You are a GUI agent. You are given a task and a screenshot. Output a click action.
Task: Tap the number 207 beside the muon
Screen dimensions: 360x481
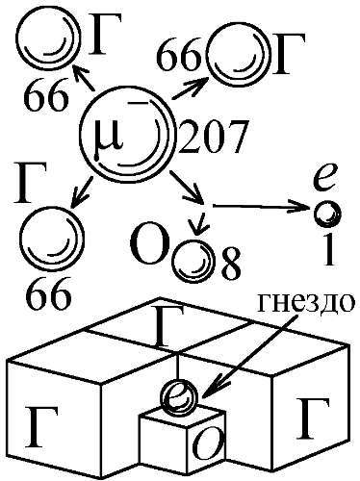[211, 137]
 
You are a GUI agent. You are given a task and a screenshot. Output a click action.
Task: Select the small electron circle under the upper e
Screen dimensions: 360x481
[327, 214]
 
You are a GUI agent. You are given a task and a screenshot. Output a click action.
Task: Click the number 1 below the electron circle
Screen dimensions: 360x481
[329, 249]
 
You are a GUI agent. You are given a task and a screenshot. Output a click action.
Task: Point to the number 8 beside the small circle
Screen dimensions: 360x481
[230, 264]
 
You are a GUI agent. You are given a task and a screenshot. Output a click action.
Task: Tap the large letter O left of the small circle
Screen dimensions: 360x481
[150, 246]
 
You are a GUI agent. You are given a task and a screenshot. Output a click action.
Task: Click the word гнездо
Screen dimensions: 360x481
[306, 303]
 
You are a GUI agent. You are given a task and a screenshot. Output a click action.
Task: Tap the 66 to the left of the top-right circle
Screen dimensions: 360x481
[180, 55]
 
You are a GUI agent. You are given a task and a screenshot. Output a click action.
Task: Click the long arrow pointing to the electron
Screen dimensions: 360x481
[263, 206]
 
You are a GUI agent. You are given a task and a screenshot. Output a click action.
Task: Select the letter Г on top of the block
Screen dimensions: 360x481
[167, 327]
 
